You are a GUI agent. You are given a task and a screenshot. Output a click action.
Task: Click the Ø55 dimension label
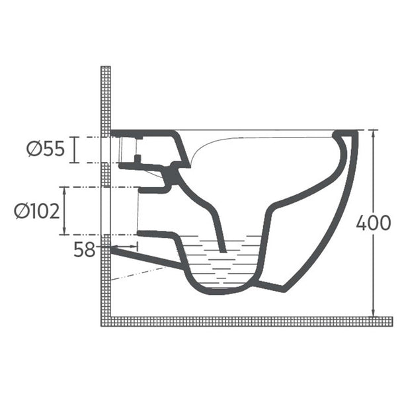click(46, 149)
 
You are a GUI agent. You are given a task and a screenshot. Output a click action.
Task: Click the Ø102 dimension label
click(37, 212)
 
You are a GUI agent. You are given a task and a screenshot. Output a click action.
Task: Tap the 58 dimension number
click(85, 249)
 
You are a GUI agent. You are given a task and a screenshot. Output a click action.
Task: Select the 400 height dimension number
click(374, 223)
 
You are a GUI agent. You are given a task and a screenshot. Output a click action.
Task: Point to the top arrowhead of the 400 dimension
click(374, 133)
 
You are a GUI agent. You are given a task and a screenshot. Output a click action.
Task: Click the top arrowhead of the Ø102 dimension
click(64, 190)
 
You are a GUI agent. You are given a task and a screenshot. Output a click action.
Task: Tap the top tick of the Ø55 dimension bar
click(75, 138)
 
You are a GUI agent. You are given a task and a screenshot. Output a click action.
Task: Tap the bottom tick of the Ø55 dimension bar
click(75, 162)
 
